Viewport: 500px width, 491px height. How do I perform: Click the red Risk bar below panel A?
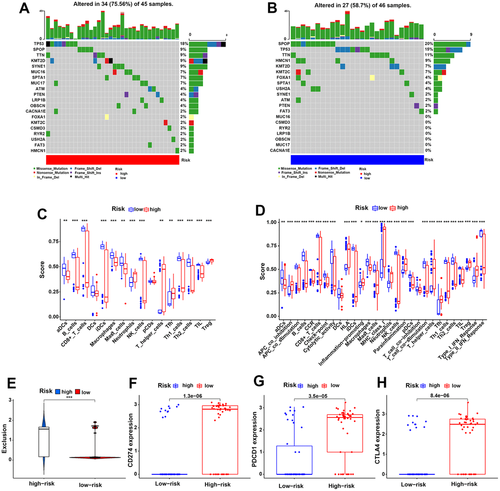point(112,160)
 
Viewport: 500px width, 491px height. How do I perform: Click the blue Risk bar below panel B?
point(357,160)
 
